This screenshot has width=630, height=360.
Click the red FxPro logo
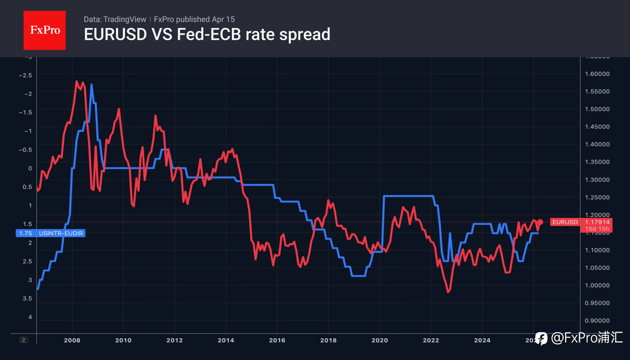(x=44, y=30)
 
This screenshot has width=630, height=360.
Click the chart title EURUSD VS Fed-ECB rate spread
(x=207, y=34)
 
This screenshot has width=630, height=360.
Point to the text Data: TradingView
(x=114, y=19)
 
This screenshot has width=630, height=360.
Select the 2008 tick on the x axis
(x=72, y=340)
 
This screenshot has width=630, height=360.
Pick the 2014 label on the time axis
(x=226, y=340)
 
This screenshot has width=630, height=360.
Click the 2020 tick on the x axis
(x=379, y=340)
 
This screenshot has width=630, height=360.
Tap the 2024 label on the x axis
(x=482, y=340)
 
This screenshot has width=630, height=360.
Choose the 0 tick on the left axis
(x=30, y=168)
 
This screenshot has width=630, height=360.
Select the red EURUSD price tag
(x=565, y=222)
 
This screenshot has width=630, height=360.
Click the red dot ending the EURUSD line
(x=540, y=222)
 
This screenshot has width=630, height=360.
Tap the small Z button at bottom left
(x=23, y=340)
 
